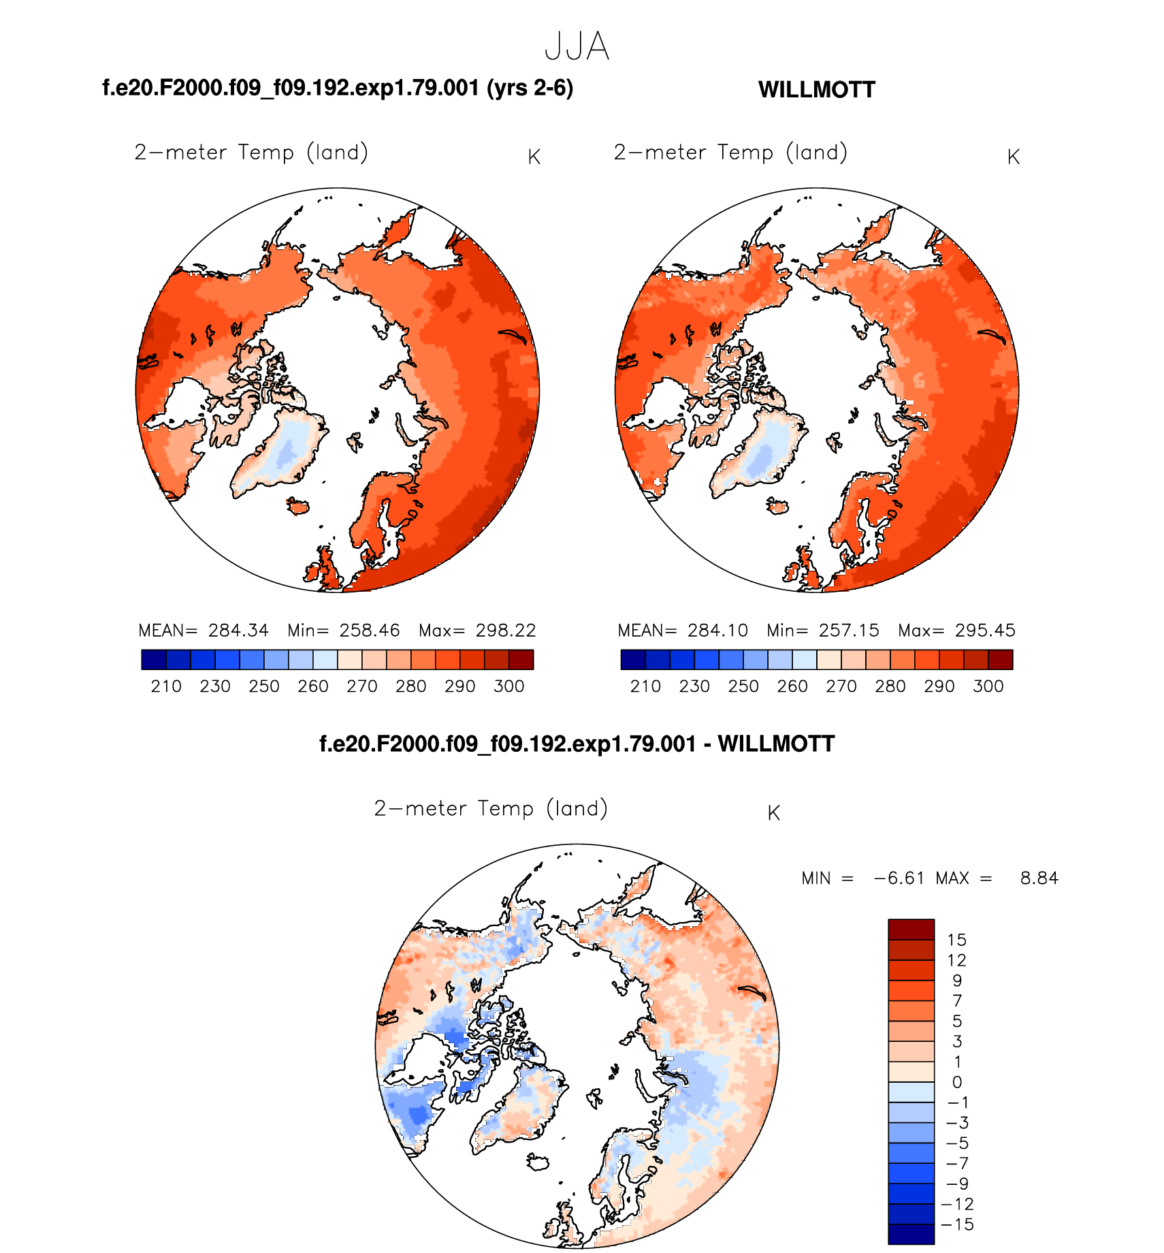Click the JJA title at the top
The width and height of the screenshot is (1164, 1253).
click(577, 47)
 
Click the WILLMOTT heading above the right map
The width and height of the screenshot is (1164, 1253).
click(816, 90)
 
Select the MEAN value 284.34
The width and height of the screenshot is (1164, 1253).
click(238, 631)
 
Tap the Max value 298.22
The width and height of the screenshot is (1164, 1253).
click(506, 631)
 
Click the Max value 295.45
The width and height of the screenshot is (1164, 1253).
click(985, 631)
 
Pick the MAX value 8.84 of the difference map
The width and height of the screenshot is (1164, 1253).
click(1039, 878)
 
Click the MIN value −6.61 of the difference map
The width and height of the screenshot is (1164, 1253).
click(899, 878)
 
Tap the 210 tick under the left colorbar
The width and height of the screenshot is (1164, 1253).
click(166, 686)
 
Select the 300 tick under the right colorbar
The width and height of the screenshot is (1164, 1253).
click(988, 686)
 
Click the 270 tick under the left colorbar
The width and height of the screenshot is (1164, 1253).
click(362, 686)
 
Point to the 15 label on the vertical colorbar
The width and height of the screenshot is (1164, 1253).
click(956, 940)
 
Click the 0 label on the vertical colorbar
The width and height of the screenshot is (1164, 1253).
click(957, 1082)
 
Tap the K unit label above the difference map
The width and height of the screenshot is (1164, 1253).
click(773, 813)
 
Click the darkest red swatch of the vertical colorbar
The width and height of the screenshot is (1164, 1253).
click(911, 929)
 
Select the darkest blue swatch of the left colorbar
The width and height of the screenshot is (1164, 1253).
click(154, 660)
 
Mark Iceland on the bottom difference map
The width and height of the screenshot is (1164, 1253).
click(538, 1160)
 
